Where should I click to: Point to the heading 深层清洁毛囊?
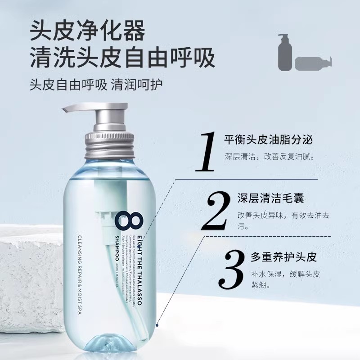click(x=267, y=198)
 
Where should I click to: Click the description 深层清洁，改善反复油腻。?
click(x=269, y=157)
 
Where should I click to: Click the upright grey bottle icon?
click(x=284, y=53)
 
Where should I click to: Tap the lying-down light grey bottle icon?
click(x=312, y=63)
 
